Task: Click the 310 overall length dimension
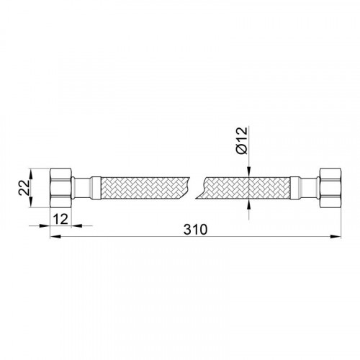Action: coord(195,230)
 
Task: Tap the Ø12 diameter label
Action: coord(241,140)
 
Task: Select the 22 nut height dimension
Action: coord(24,188)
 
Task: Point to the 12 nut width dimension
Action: coord(60,219)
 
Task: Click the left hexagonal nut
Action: coord(60,188)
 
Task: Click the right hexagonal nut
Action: coord(330,188)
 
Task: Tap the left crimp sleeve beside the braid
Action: coord(96,188)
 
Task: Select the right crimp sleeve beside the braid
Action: coord(295,188)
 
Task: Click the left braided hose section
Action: coord(144,188)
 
